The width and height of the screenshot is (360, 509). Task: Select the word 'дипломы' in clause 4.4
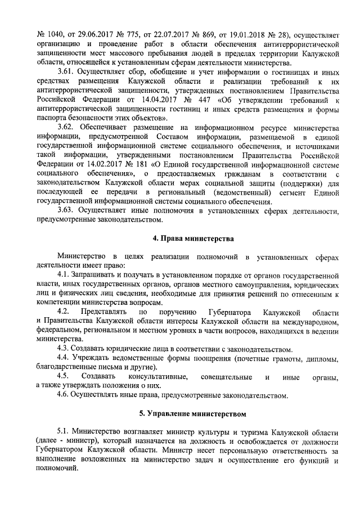coord(321,359)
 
